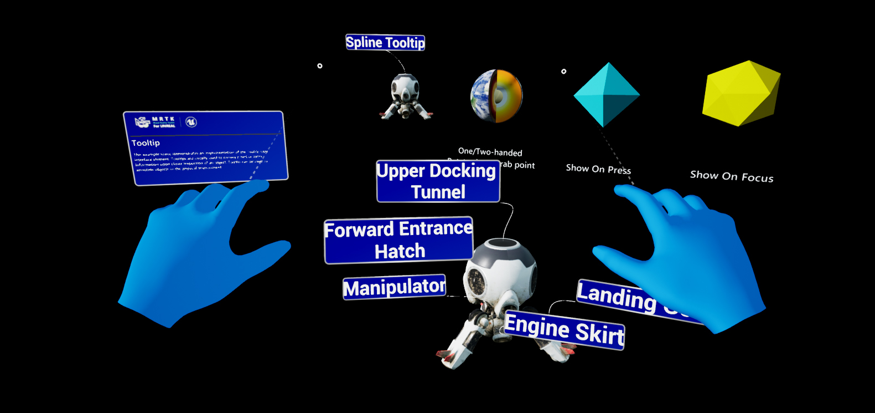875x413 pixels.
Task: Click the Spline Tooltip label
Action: tap(385, 43)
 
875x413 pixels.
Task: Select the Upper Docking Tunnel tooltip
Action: tap(438, 181)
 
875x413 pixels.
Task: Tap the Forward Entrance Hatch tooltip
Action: tap(398, 240)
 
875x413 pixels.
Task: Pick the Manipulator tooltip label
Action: tap(394, 287)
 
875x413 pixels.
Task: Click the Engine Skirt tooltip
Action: tap(565, 330)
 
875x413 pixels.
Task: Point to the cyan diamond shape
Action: tap(607, 95)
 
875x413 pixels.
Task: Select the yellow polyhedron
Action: tap(740, 93)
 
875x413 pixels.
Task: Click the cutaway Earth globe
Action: tap(496, 96)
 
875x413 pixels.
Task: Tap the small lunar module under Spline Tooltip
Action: tap(405, 96)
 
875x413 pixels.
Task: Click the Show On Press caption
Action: tap(598, 169)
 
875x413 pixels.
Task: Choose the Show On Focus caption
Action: tap(731, 176)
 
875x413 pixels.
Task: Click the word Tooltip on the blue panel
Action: tap(146, 143)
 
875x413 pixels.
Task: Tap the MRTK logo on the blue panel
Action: tap(156, 122)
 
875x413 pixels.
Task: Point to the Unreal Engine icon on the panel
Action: tap(191, 121)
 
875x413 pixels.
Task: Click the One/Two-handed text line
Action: tap(490, 152)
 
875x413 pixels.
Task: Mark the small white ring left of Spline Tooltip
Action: tap(320, 66)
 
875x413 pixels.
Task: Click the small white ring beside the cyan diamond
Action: tap(564, 72)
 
